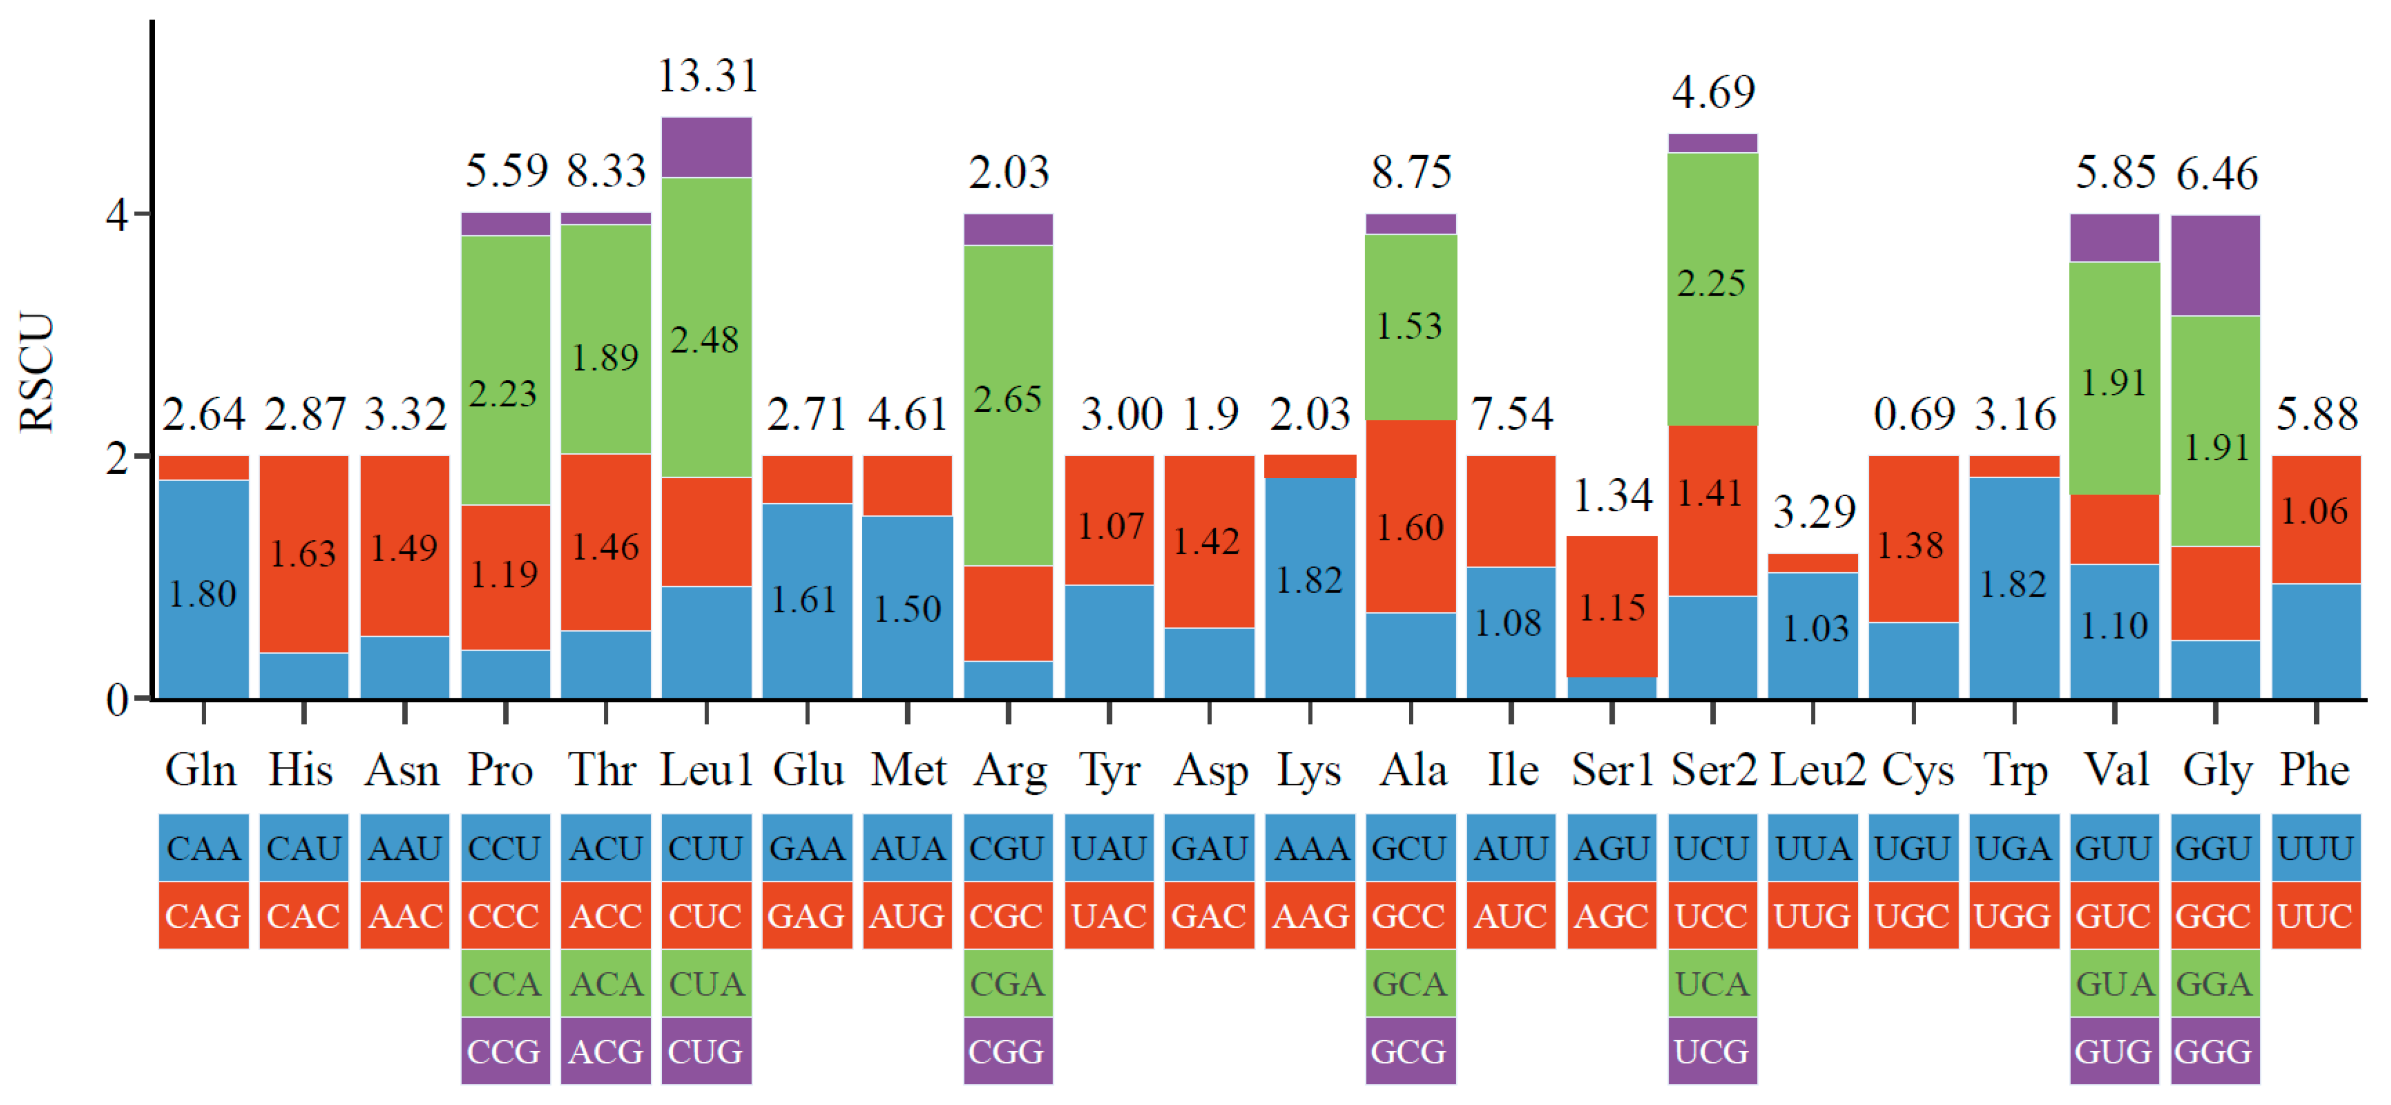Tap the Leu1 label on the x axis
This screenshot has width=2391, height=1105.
coord(705,770)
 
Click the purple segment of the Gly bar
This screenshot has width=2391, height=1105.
coord(2214,266)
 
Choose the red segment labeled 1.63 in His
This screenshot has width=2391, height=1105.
coord(304,554)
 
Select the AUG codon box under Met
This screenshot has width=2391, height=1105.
coord(907,916)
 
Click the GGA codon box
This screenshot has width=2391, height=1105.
coord(2214,984)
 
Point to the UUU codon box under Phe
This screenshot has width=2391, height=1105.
coord(2315,848)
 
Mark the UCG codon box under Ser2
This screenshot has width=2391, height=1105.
coord(1712,1051)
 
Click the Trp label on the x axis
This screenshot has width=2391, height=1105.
coord(2014,770)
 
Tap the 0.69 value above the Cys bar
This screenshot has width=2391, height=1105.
coord(1914,414)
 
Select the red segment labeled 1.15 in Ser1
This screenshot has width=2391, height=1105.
coord(1612,607)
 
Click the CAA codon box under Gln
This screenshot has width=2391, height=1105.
coord(203,848)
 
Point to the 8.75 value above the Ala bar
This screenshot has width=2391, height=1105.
coord(1411,173)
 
